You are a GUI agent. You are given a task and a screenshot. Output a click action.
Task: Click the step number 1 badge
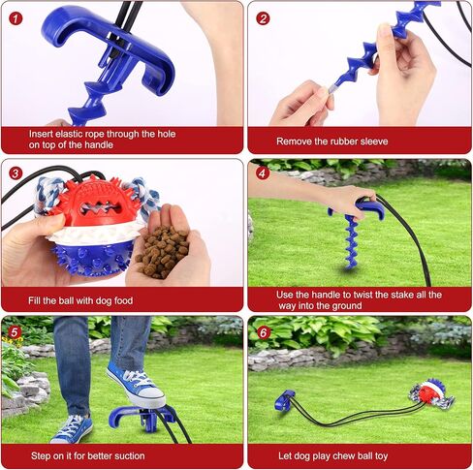(x=16, y=18)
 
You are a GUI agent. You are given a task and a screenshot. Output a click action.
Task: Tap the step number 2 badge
(x=263, y=18)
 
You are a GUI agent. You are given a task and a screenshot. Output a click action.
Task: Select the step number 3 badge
(x=16, y=173)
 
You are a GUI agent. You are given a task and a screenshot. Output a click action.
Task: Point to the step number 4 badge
(x=263, y=173)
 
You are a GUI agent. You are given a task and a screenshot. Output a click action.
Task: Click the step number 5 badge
(x=15, y=332)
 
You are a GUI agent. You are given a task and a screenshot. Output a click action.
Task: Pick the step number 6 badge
(x=264, y=332)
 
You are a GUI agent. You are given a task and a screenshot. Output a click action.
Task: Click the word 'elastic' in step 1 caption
(x=69, y=134)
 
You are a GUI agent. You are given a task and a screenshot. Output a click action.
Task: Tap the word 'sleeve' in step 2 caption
(x=372, y=141)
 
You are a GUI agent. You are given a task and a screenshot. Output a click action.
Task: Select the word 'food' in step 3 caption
(x=123, y=300)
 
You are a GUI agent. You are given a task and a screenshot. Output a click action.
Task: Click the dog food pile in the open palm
(x=162, y=252)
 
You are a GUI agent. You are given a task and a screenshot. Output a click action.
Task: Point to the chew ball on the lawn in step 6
(x=431, y=395)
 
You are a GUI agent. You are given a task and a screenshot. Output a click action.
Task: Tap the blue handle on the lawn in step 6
(x=285, y=400)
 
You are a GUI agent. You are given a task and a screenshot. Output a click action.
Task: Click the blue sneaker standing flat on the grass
(x=72, y=428)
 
